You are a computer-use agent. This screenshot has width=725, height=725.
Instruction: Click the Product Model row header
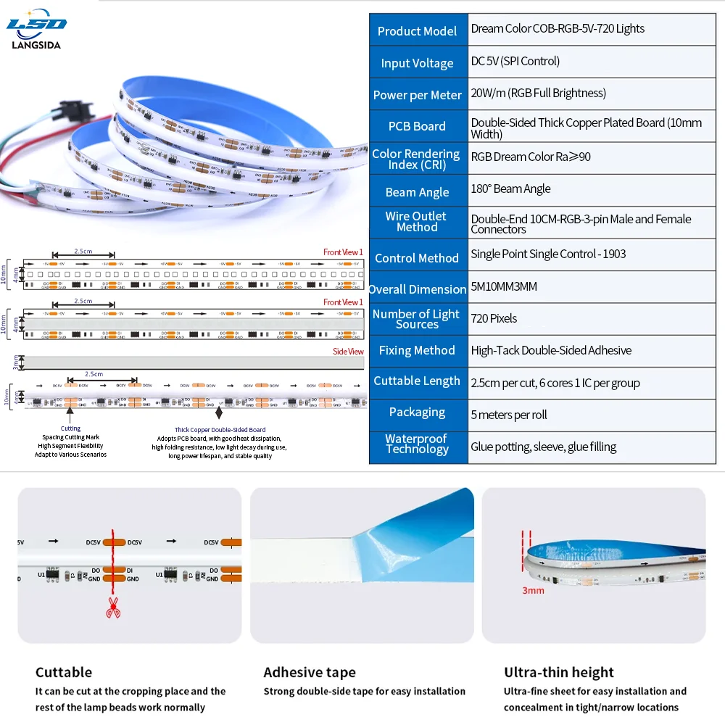coord(417,31)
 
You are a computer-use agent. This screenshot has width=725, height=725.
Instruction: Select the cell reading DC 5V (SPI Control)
coord(515,62)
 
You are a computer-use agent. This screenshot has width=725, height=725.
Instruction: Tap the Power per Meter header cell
coord(417,95)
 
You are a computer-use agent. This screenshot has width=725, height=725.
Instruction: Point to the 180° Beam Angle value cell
coord(510,189)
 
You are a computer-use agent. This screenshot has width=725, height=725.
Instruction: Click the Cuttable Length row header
coord(417,381)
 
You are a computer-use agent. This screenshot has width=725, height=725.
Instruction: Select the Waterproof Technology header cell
coord(417,444)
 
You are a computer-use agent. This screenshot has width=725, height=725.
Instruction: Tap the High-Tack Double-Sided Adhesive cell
coord(551,351)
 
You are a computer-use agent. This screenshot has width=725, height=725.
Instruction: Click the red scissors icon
coord(113,608)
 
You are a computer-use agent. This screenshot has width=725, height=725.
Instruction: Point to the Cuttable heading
coord(64,672)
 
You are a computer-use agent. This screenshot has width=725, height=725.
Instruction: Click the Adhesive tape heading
coord(310,672)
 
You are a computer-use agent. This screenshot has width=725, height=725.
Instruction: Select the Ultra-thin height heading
coord(559,672)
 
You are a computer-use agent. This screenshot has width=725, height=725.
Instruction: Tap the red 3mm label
coord(533,591)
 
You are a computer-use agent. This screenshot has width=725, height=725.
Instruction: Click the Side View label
coord(348,352)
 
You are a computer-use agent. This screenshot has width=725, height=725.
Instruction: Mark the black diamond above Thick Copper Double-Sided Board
coord(219,414)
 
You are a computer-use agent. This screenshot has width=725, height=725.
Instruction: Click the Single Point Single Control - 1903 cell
coord(548,254)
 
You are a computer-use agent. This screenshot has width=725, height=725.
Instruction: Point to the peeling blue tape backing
coord(413,522)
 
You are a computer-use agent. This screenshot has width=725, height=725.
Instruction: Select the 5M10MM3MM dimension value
coord(504,287)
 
